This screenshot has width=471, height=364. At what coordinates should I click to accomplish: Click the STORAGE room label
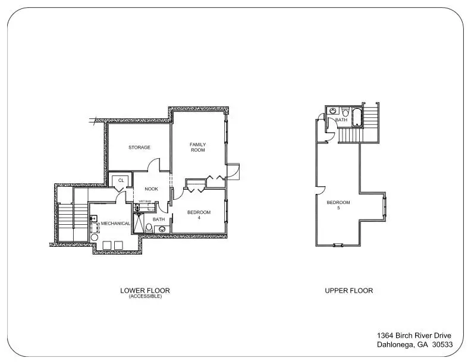click(139, 148)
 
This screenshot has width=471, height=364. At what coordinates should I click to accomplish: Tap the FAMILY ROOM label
click(198, 147)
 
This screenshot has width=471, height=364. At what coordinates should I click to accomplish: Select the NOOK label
click(152, 189)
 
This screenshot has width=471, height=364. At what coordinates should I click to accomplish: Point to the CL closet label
click(121, 180)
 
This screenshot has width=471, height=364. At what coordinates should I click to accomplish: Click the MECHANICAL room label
click(115, 224)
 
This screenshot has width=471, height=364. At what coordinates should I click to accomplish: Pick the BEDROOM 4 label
click(199, 215)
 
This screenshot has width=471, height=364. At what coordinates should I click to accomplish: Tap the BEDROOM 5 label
click(338, 205)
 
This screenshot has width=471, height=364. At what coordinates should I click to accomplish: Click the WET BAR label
click(145, 201)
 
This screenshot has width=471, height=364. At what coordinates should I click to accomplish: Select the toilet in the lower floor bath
click(149, 228)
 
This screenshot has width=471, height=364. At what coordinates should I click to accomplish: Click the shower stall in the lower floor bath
click(139, 222)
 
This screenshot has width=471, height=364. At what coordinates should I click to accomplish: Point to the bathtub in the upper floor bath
click(357, 117)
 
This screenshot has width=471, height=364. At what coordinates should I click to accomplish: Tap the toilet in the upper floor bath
click(346, 112)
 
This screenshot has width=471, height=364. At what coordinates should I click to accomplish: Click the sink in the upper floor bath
click(333, 111)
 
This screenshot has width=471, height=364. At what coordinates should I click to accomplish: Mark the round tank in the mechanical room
click(95, 237)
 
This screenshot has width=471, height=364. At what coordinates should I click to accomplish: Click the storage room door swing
click(154, 164)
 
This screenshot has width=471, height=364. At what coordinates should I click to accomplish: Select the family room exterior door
click(233, 171)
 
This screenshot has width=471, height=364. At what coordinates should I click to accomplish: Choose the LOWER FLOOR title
click(145, 291)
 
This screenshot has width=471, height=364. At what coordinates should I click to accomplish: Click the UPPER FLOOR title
click(348, 291)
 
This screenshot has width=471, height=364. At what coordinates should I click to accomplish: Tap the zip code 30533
click(442, 344)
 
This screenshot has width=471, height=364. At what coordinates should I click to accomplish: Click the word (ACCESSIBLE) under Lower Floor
click(145, 296)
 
